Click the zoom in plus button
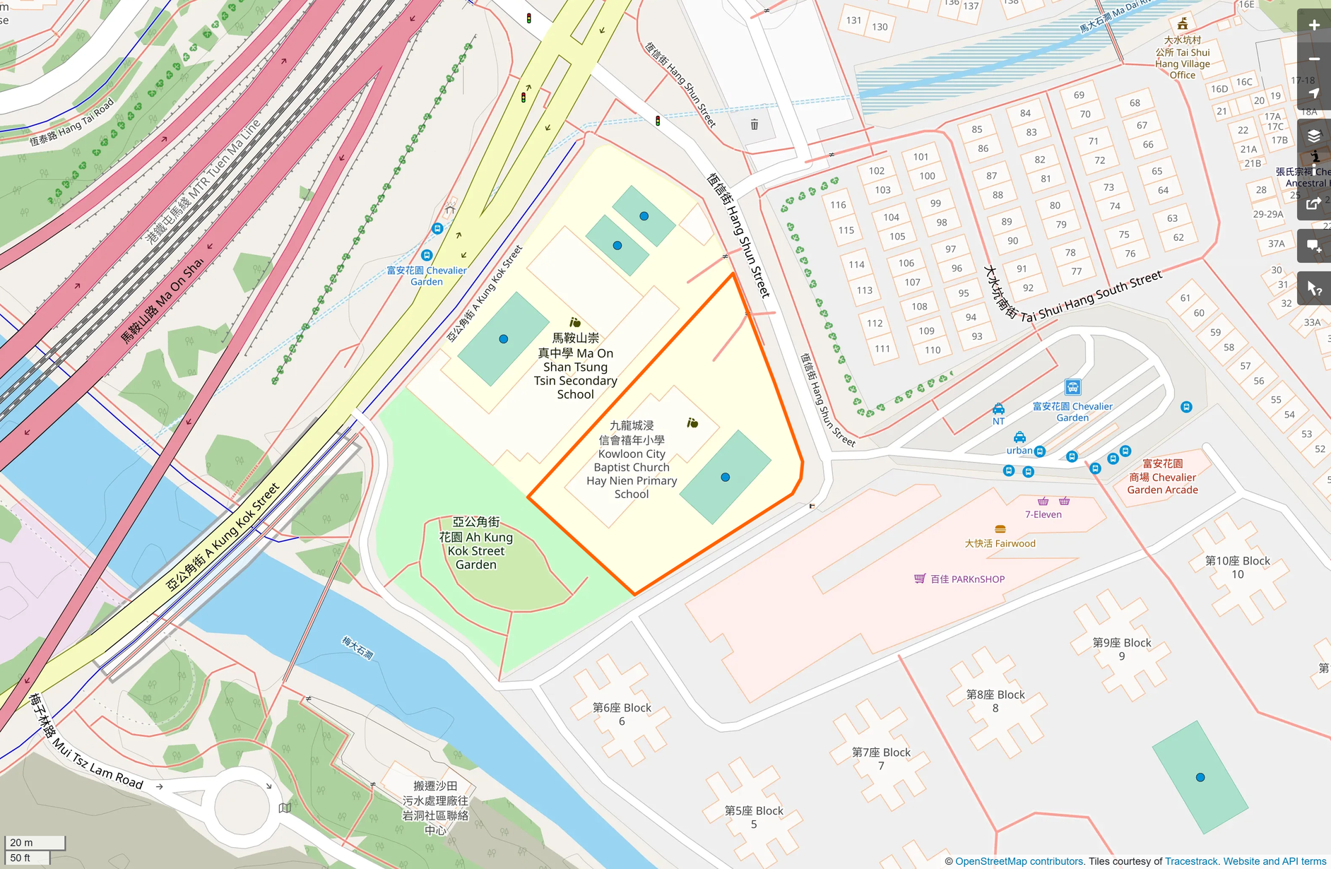coord(1313,25)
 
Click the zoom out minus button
coord(1313,59)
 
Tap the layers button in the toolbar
coord(1313,136)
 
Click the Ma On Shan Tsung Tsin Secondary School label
coord(575,367)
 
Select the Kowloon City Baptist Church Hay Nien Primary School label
coord(632,460)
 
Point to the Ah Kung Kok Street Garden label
coord(476,543)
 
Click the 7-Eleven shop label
coord(1043,514)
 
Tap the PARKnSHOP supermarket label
coord(966,579)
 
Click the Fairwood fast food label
coord(1000,543)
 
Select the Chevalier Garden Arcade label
coord(1162,477)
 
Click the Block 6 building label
coord(622,714)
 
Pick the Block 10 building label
coord(1237,567)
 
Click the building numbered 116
coord(838,205)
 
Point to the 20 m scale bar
coord(35,843)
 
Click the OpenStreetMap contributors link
coord(1019,861)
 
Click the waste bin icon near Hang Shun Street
coord(755,125)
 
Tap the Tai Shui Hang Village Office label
coord(1182,58)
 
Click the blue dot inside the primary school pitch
coord(725,478)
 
